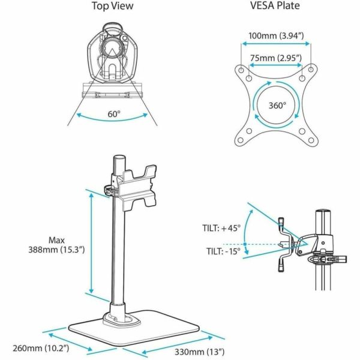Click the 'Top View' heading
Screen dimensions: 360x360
click(113, 7)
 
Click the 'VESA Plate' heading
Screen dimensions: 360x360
click(275, 7)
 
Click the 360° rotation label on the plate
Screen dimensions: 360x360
click(277, 105)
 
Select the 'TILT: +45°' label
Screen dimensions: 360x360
click(221, 228)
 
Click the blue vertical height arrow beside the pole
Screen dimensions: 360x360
click(91, 242)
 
